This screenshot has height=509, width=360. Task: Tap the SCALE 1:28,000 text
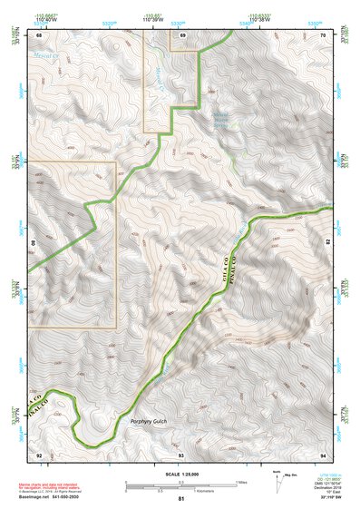(x=180, y=475)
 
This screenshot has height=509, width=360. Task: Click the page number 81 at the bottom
(x=181, y=500)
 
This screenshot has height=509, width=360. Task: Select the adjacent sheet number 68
(x=39, y=34)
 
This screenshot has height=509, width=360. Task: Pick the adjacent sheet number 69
(x=182, y=34)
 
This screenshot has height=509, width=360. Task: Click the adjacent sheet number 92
(x=39, y=453)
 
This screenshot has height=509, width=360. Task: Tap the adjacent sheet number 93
(x=181, y=453)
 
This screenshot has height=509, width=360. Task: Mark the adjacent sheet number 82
(x=327, y=243)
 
